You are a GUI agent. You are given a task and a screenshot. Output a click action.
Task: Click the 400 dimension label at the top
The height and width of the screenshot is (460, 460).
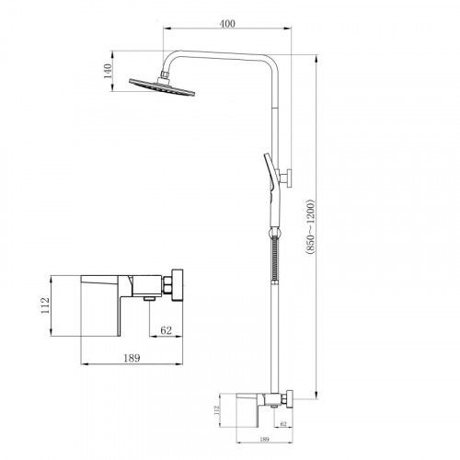click(x=227, y=23)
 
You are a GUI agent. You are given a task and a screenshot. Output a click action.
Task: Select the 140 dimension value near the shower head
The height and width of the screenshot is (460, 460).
click(x=108, y=71)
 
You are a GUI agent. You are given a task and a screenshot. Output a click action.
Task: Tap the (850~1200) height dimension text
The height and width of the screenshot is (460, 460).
click(x=310, y=227)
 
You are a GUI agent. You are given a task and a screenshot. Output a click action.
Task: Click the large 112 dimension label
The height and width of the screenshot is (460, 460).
click(x=45, y=305)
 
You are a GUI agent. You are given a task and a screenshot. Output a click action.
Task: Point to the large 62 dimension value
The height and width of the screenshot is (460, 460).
click(x=167, y=330)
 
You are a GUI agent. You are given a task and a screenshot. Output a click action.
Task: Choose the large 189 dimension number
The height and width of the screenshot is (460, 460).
click(x=132, y=358)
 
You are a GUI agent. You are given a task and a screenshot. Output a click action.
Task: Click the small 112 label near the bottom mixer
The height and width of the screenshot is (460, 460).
click(x=217, y=410)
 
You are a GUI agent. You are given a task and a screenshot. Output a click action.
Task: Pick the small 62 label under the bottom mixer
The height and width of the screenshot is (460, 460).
click(x=283, y=424)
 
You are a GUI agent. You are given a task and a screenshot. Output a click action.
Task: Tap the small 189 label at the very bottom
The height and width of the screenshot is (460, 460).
click(x=264, y=439)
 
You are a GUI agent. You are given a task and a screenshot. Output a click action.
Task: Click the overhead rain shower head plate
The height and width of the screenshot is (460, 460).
click(x=162, y=87)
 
